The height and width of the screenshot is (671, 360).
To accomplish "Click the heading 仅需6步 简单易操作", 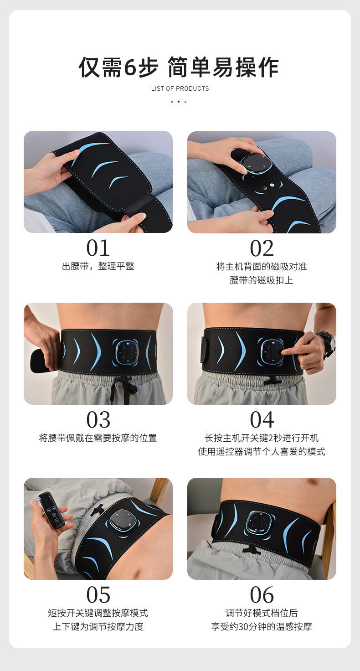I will pyautogui.click(x=179, y=68).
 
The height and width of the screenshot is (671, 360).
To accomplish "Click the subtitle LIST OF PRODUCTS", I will pyautogui.click(x=180, y=88).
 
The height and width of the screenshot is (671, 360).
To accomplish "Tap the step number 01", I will pyautogui.click(x=98, y=248).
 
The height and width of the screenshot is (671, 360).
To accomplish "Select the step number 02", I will pyautogui.click(x=262, y=248).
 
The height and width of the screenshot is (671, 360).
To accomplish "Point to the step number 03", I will pyautogui.click(x=98, y=420).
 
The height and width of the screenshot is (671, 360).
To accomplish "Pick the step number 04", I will pyautogui.click(x=262, y=420).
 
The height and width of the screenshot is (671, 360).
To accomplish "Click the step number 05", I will pyautogui.click(x=98, y=595).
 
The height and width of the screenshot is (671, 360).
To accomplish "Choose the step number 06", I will pyautogui.click(x=262, y=595).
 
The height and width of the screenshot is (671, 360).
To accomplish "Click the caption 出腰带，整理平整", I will pyautogui.click(x=98, y=266).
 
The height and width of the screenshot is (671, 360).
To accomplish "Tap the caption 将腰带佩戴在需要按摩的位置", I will pyautogui.click(x=98, y=438).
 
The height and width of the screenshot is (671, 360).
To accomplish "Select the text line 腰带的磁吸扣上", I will pyautogui.click(x=262, y=280).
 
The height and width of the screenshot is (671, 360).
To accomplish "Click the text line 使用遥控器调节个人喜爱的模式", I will pyautogui.click(x=262, y=452).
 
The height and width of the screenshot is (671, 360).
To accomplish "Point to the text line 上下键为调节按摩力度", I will pyautogui.click(x=98, y=627).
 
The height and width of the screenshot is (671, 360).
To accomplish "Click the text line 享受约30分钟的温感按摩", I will pyautogui.click(x=262, y=627).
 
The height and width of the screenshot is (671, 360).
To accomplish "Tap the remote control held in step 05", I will pyautogui.click(x=51, y=510).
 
